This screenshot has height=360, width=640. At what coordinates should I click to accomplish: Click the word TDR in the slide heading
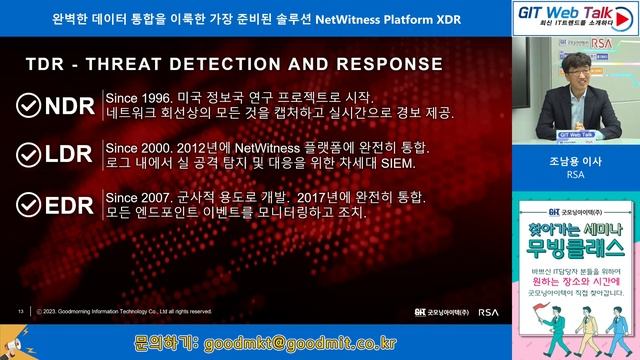[x=45, y=65]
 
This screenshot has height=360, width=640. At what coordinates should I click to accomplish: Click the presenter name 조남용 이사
[x=575, y=159]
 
